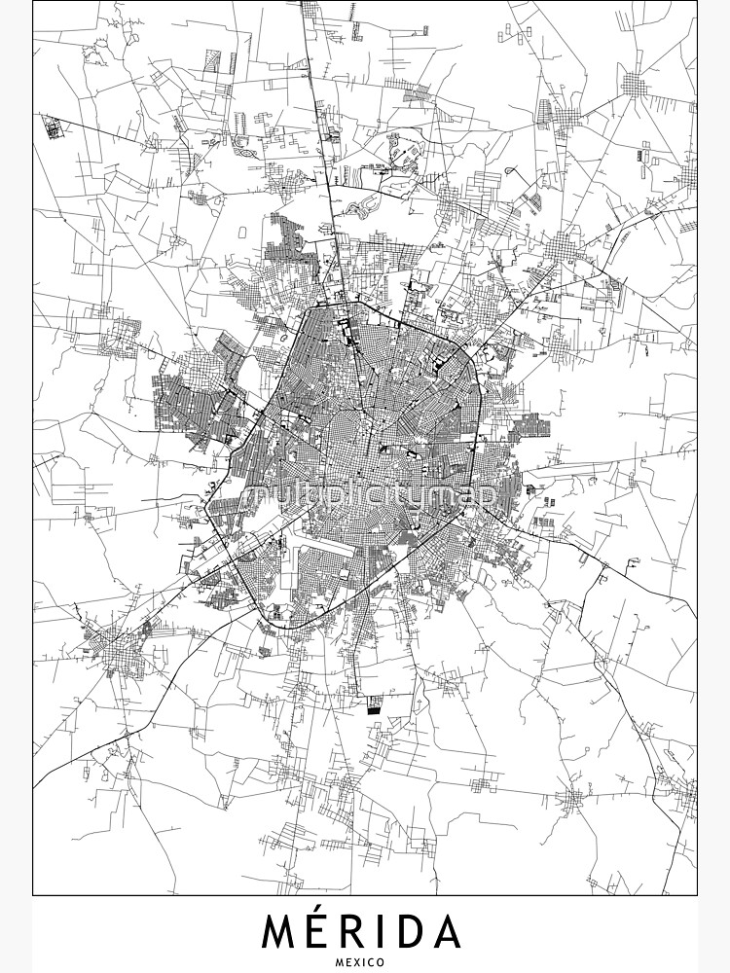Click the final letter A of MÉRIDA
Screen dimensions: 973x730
pos(448,932)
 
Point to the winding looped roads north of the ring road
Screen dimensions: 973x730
pos(362,204)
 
